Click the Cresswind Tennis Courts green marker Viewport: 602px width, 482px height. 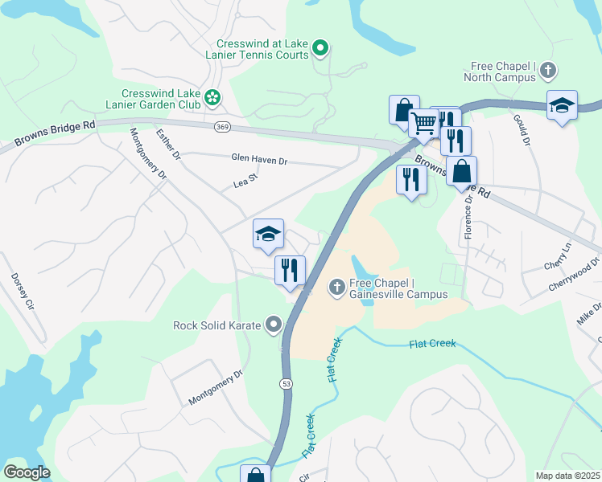[320, 49]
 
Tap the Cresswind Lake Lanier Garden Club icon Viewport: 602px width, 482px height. [212, 98]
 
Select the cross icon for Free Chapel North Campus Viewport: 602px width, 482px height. [548, 71]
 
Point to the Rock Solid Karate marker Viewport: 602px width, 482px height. [274, 325]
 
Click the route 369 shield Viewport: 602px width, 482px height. [223, 126]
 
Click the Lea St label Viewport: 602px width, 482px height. [244, 183]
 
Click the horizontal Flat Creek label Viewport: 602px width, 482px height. [432, 344]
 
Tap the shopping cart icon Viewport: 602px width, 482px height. [423, 124]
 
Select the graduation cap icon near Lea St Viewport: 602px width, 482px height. [268, 234]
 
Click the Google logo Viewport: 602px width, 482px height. [27, 472]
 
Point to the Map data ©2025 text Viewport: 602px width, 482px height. [567, 476]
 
